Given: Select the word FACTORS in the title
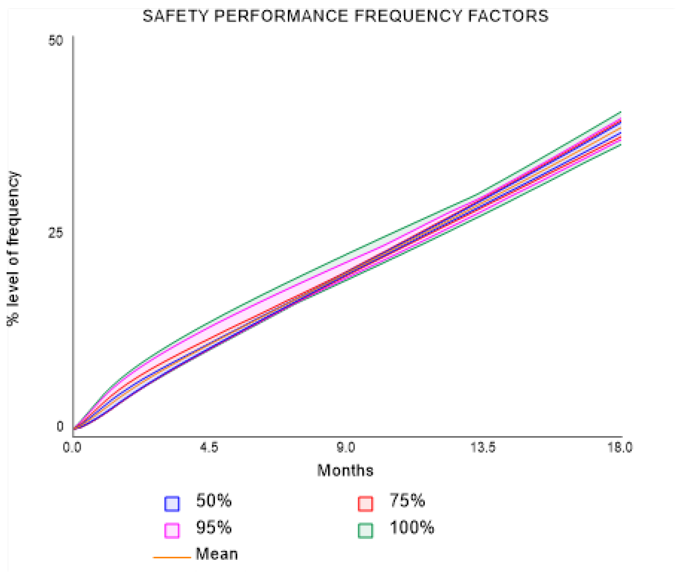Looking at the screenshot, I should coord(508,16).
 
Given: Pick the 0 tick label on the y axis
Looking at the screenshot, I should coord(60,427).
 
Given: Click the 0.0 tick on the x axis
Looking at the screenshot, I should coord(72,447).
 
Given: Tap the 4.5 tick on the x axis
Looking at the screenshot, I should coord(209,447).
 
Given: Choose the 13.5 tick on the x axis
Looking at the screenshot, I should coord(483,447).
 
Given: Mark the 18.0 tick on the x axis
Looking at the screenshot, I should coord(620,447).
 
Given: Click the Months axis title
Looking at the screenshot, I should coord(345,471).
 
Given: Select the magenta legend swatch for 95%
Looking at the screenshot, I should coord(172,531).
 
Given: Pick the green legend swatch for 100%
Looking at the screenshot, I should coord(365,531).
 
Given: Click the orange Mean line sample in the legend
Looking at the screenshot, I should coord(172,557).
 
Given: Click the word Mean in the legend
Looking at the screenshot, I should coord(217,554).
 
